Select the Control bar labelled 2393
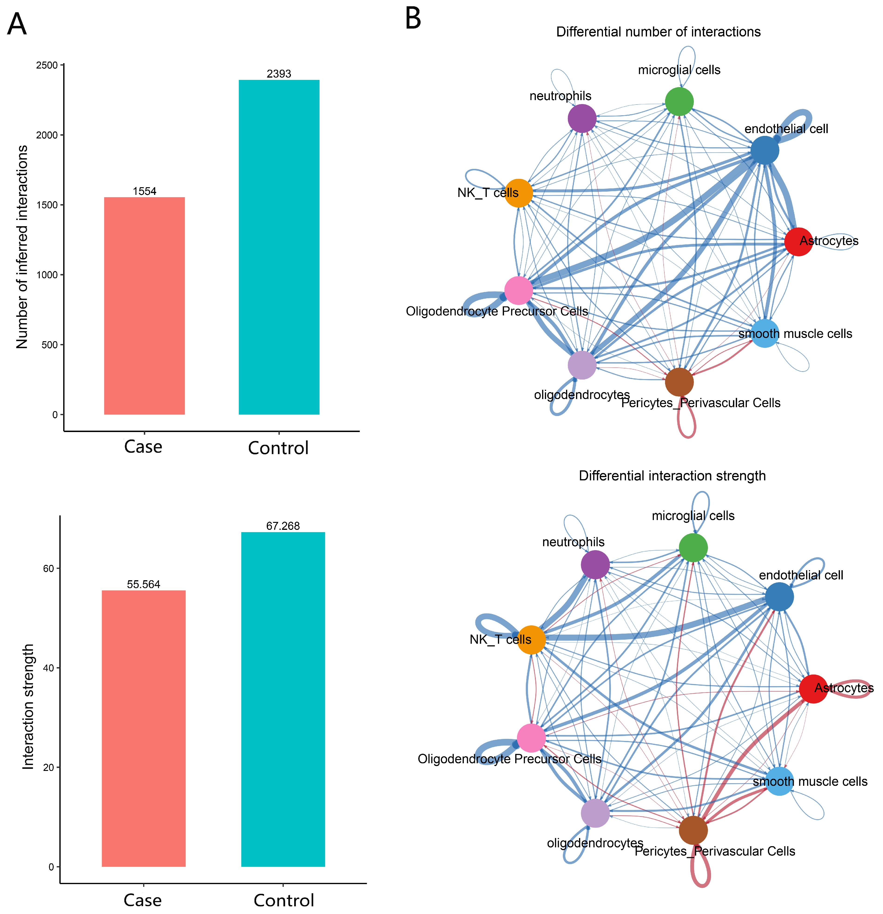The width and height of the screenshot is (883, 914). tap(279, 247)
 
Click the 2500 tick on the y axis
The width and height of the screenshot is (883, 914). tap(47, 65)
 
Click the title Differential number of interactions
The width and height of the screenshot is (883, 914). tap(658, 32)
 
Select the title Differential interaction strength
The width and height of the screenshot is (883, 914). tap(672, 476)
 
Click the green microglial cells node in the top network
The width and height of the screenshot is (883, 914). tap(679, 101)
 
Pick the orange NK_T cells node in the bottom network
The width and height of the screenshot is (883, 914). tap(531, 640)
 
